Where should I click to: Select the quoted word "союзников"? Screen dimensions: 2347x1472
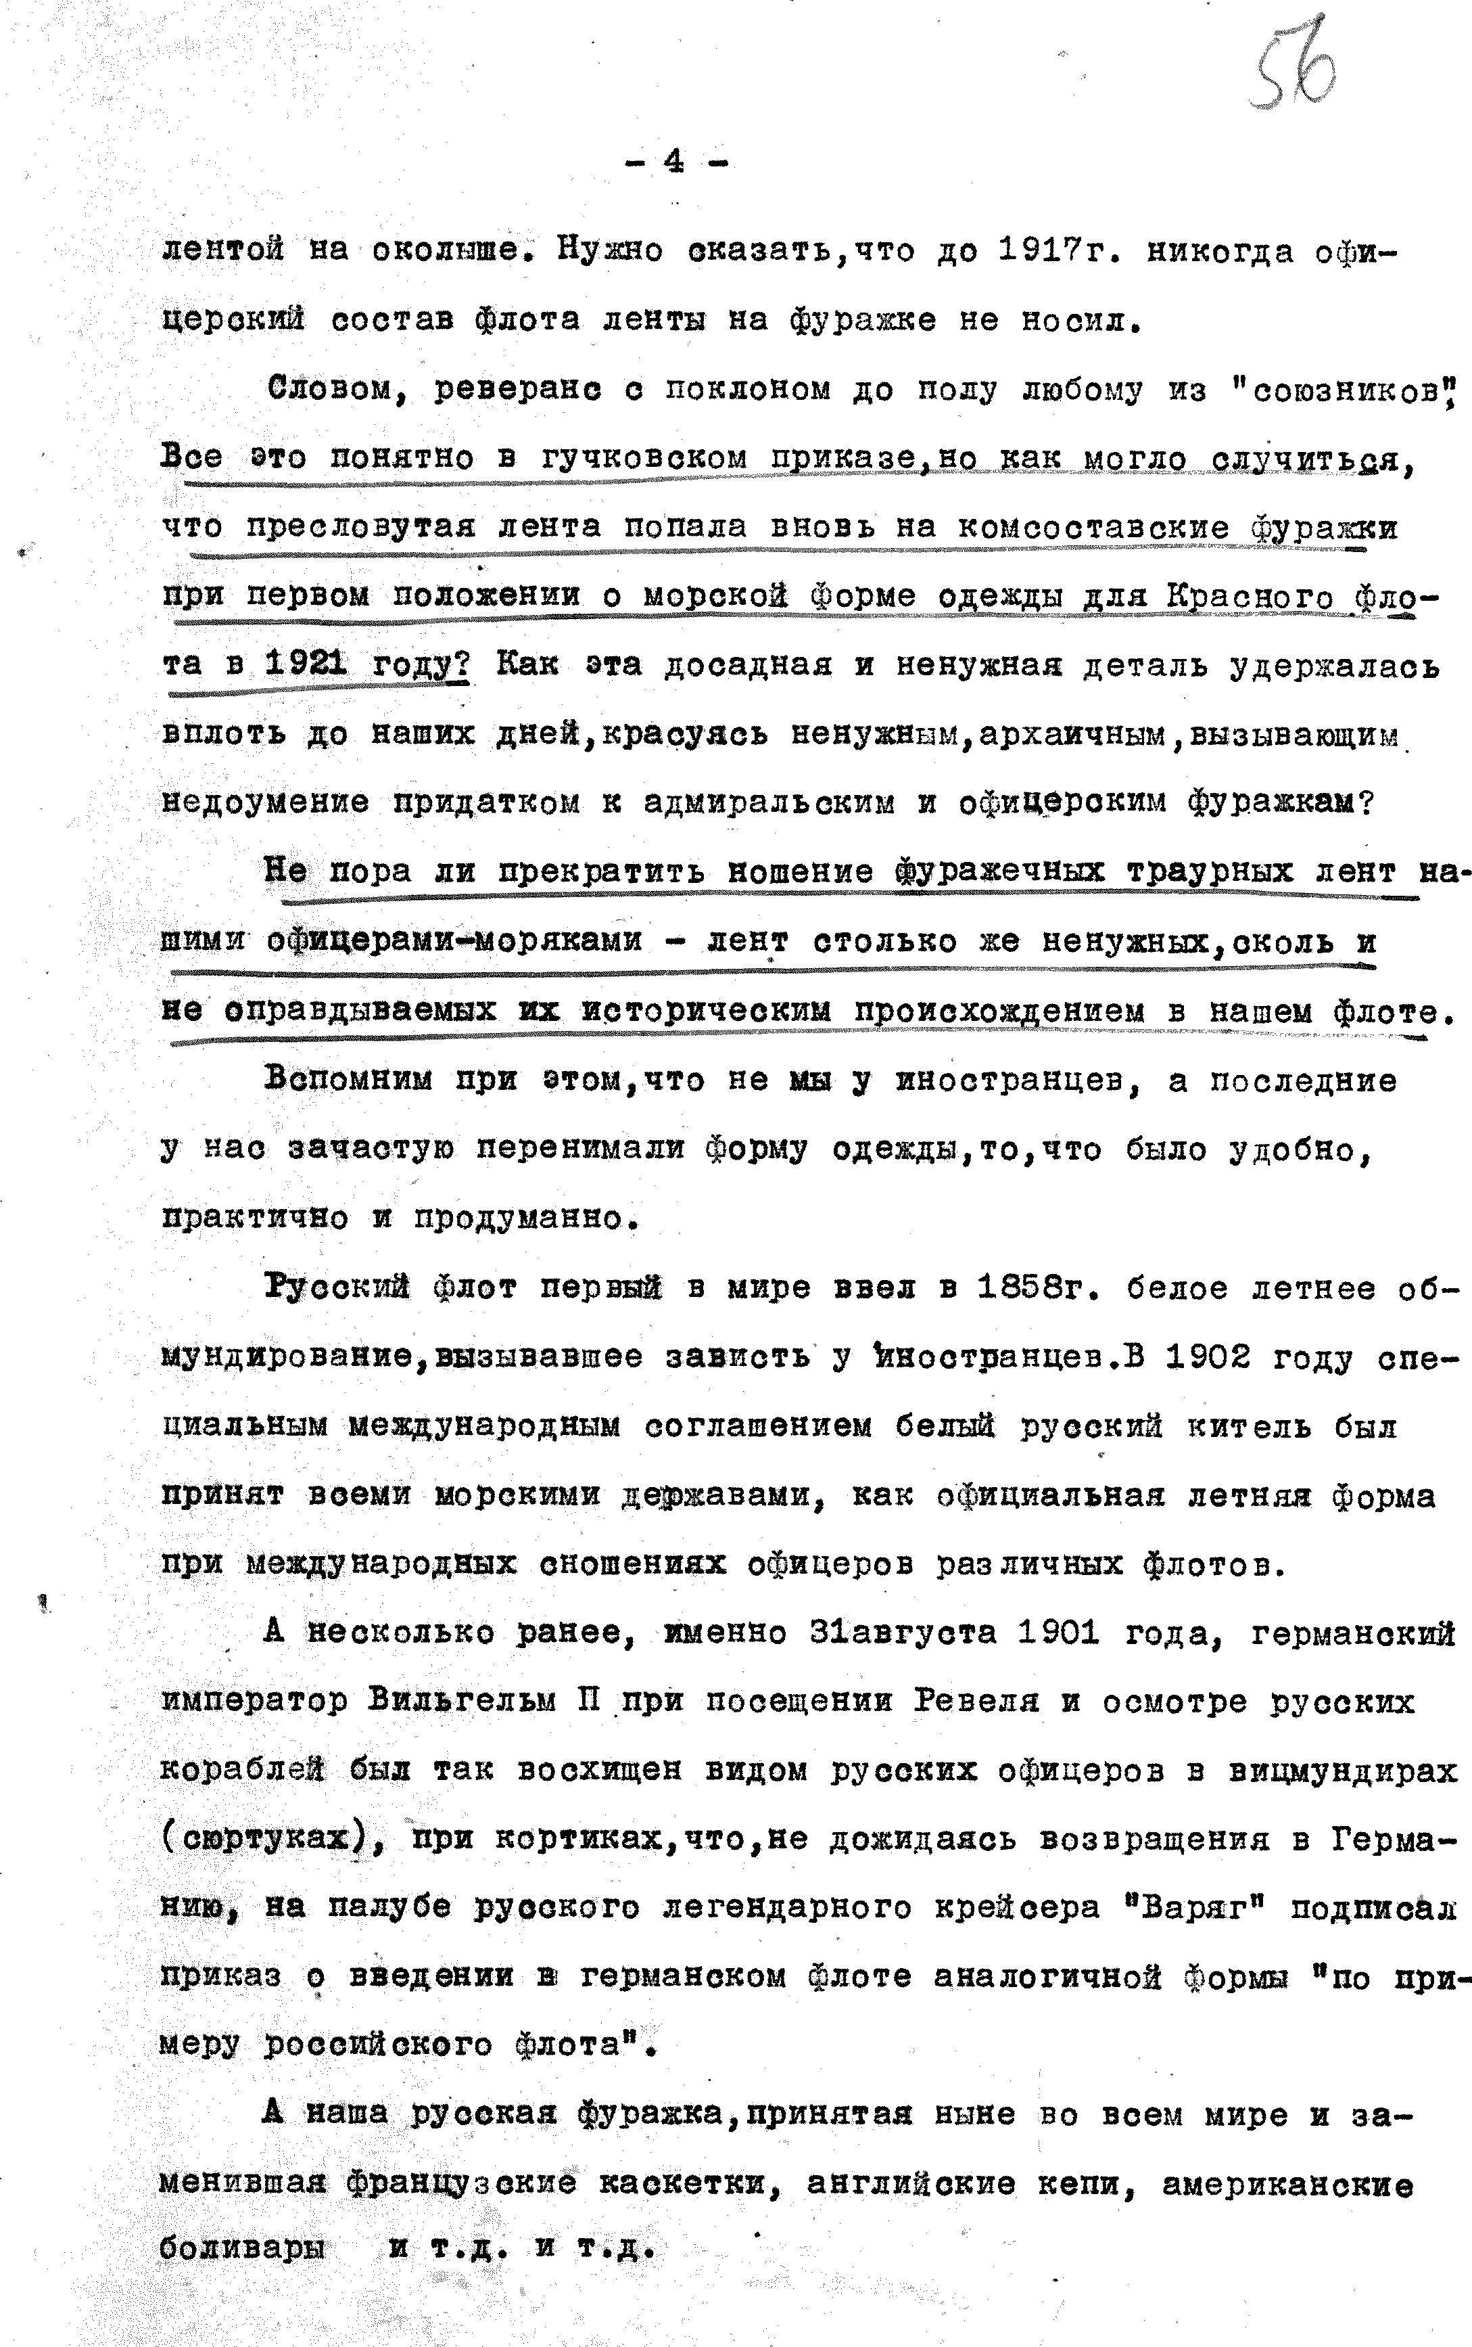click(x=1341, y=390)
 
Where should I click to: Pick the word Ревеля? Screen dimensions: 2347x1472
click(x=976, y=1702)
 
